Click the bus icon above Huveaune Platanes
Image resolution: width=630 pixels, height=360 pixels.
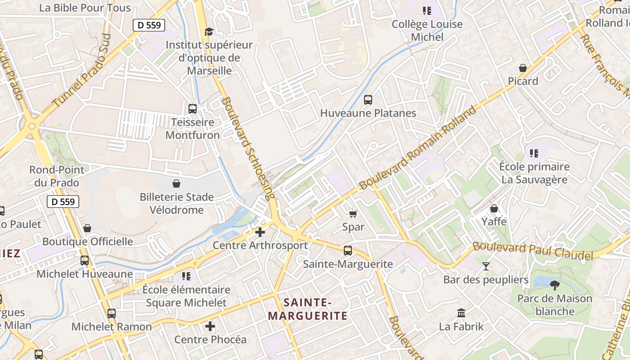pos(368,100)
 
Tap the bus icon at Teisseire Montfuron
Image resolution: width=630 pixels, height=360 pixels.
pos(193,109)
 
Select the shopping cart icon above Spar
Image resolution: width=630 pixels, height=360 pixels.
pos(353,214)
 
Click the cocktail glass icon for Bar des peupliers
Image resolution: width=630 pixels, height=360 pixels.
pos(486,266)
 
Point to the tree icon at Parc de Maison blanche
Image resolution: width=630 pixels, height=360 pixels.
pos(555,285)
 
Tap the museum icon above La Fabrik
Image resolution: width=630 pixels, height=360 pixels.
pos(461,313)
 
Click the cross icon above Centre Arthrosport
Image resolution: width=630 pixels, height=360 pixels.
pos(260,232)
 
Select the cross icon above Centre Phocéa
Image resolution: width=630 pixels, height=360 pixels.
pos(210,326)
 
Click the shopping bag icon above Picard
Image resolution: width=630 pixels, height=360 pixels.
pos(523,68)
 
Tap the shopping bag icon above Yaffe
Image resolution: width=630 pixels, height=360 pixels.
pos(494,208)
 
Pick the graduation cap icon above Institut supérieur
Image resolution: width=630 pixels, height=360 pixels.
pos(209,31)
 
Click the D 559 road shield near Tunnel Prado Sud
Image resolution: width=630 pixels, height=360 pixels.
pos(149,25)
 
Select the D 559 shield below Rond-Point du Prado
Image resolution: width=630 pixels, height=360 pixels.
pos(63,202)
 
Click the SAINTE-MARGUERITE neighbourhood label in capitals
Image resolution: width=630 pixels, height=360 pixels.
pos(308,309)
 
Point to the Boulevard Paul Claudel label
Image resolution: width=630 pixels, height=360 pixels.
pos(533,251)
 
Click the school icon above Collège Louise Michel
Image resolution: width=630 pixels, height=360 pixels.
pos(427,11)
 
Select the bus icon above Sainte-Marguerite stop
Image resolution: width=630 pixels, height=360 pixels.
pos(347,251)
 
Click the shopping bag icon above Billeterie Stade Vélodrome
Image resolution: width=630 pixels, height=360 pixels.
pos(176,184)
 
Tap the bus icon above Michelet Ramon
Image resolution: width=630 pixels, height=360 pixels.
pos(112,313)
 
